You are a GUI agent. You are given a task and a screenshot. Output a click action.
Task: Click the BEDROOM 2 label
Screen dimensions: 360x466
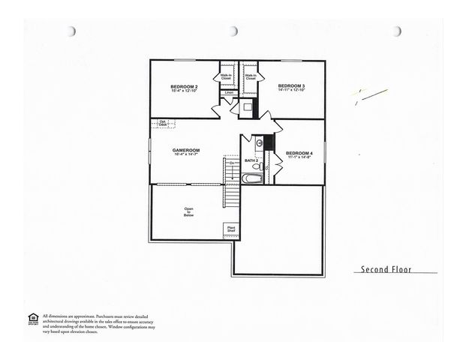183,87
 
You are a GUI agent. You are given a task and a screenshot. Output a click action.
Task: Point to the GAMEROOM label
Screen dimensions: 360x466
185,150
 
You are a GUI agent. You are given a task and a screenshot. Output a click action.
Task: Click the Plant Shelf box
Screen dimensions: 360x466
231,229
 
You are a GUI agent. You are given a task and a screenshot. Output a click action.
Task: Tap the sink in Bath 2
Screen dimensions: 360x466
259,142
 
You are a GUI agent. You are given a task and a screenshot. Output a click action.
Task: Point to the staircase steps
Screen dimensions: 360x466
233,180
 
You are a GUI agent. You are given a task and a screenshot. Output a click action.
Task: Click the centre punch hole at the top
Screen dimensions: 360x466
233,31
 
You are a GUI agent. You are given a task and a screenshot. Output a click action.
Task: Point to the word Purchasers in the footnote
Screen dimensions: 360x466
113,316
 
